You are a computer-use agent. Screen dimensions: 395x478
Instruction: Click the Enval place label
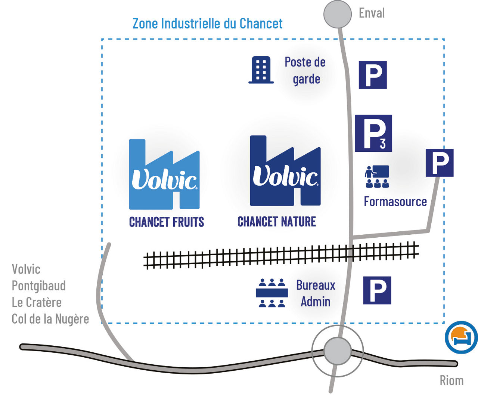[371, 13]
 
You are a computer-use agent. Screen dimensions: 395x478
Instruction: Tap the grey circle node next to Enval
[337, 14]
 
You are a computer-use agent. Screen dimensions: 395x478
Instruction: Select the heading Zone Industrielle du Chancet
[207, 24]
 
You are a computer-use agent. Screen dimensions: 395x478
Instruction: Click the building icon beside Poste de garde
[261, 70]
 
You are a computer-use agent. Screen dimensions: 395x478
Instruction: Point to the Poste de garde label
[305, 70]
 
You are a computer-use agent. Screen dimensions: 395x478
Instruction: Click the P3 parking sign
[373, 133]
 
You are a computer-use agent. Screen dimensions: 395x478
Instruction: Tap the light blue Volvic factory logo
[164, 175]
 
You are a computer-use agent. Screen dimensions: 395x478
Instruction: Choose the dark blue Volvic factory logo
[285, 172]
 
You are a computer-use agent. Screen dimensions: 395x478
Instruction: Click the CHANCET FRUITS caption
[167, 222]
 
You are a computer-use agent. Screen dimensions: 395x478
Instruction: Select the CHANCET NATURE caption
[277, 222]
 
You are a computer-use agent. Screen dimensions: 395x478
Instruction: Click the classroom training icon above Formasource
[377, 176]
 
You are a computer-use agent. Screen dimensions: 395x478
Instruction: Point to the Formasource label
[395, 202]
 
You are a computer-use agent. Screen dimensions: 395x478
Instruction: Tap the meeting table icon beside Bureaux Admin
[272, 293]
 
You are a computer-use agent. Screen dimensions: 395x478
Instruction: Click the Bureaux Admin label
[316, 293]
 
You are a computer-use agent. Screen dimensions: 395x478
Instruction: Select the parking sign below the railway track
[377, 290]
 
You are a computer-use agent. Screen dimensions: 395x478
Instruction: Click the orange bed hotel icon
[461, 337]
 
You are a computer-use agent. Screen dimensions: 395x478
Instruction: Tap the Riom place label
[451, 381]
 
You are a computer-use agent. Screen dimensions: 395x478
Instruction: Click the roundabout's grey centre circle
[338, 351]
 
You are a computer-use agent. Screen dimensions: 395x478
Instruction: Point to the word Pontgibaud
[39, 286]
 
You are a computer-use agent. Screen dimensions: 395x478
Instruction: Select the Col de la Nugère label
[50, 319]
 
